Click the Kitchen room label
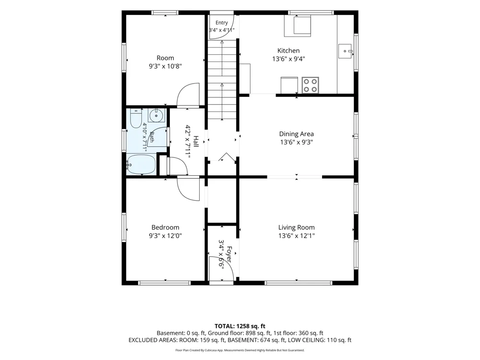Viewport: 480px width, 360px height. point(288,51)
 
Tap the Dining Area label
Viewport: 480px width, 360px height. point(296,134)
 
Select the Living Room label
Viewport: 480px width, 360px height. point(296,228)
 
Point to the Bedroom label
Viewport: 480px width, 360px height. point(165,228)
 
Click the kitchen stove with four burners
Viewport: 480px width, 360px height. point(311,85)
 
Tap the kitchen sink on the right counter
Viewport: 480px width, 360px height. point(346,51)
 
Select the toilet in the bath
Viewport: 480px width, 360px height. point(136,119)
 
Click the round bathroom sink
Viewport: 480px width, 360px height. point(156,116)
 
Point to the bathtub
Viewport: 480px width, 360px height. point(141,165)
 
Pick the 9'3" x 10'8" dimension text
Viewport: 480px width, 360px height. point(165,66)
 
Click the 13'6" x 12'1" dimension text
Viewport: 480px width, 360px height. point(296,236)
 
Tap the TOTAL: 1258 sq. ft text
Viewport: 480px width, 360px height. point(240,326)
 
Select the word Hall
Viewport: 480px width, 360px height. point(196,142)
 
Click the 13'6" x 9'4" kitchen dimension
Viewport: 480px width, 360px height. point(288,59)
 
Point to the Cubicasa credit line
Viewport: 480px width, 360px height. point(240,350)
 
